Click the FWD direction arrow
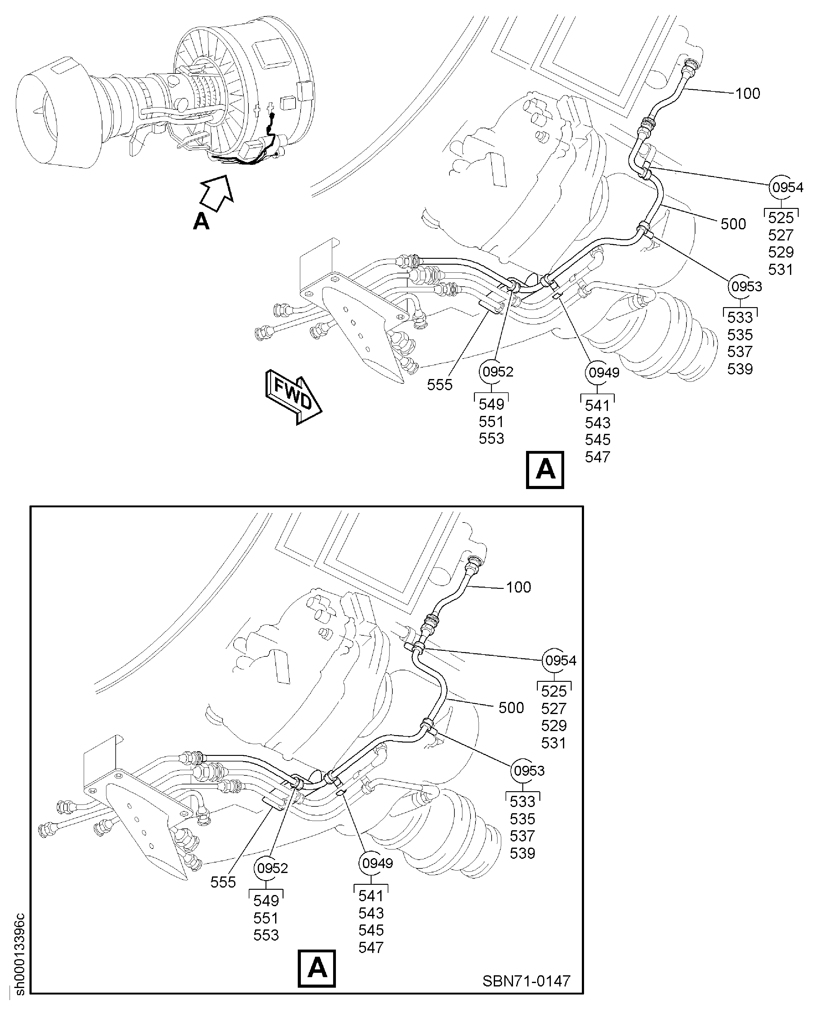293,396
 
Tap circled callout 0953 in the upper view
746,286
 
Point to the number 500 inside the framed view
511,708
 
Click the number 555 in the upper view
440,385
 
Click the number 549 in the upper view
491,404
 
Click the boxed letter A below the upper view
545,470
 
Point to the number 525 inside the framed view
554,691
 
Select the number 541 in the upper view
598,405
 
